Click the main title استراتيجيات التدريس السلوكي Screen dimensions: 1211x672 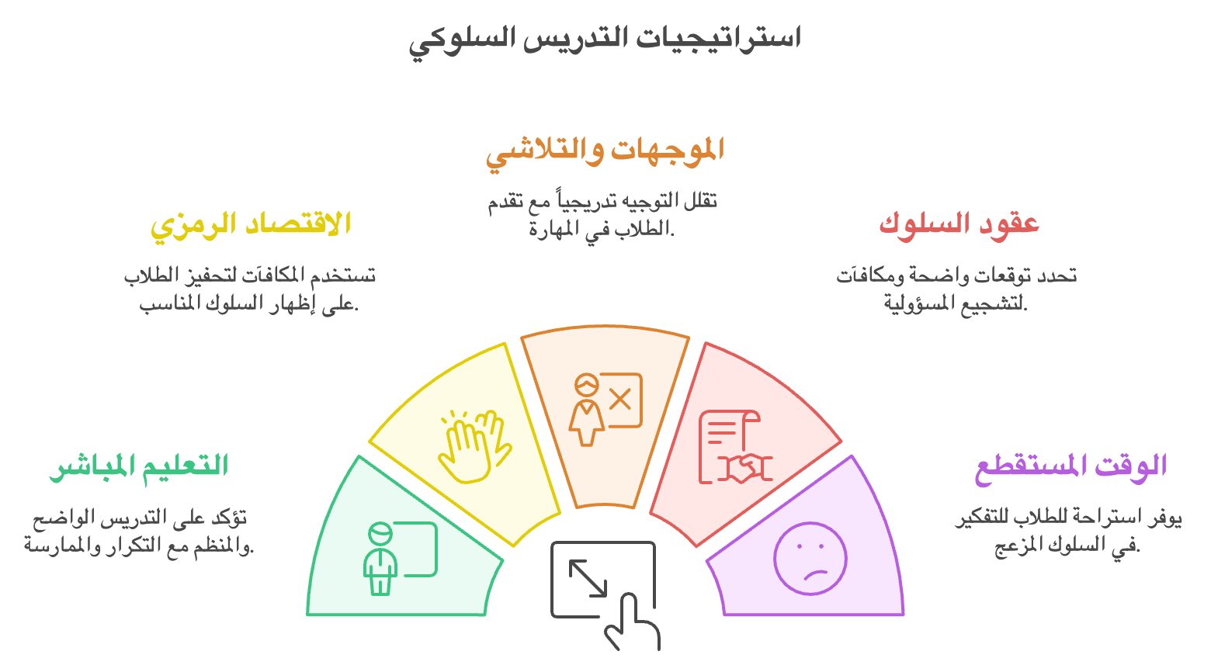(x=605, y=40)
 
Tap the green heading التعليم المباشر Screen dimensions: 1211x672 (x=139, y=467)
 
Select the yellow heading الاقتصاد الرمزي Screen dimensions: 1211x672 (x=250, y=226)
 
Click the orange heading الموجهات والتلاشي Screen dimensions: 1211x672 (x=605, y=153)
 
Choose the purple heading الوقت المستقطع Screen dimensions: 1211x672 (x=1071, y=468)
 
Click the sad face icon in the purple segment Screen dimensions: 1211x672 (x=810, y=559)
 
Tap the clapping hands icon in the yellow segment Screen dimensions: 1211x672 (x=474, y=446)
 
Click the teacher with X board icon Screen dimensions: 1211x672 (x=605, y=409)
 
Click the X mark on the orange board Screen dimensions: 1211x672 (x=620, y=400)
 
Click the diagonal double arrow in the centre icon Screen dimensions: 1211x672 (x=588, y=578)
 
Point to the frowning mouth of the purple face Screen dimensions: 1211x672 (x=817, y=574)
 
